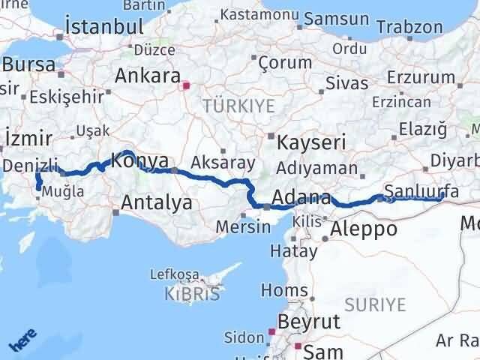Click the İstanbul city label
(104, 25)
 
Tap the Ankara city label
(148, 76)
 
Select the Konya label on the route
(135, 160)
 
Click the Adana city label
(300, 199)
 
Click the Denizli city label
(30, 164)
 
